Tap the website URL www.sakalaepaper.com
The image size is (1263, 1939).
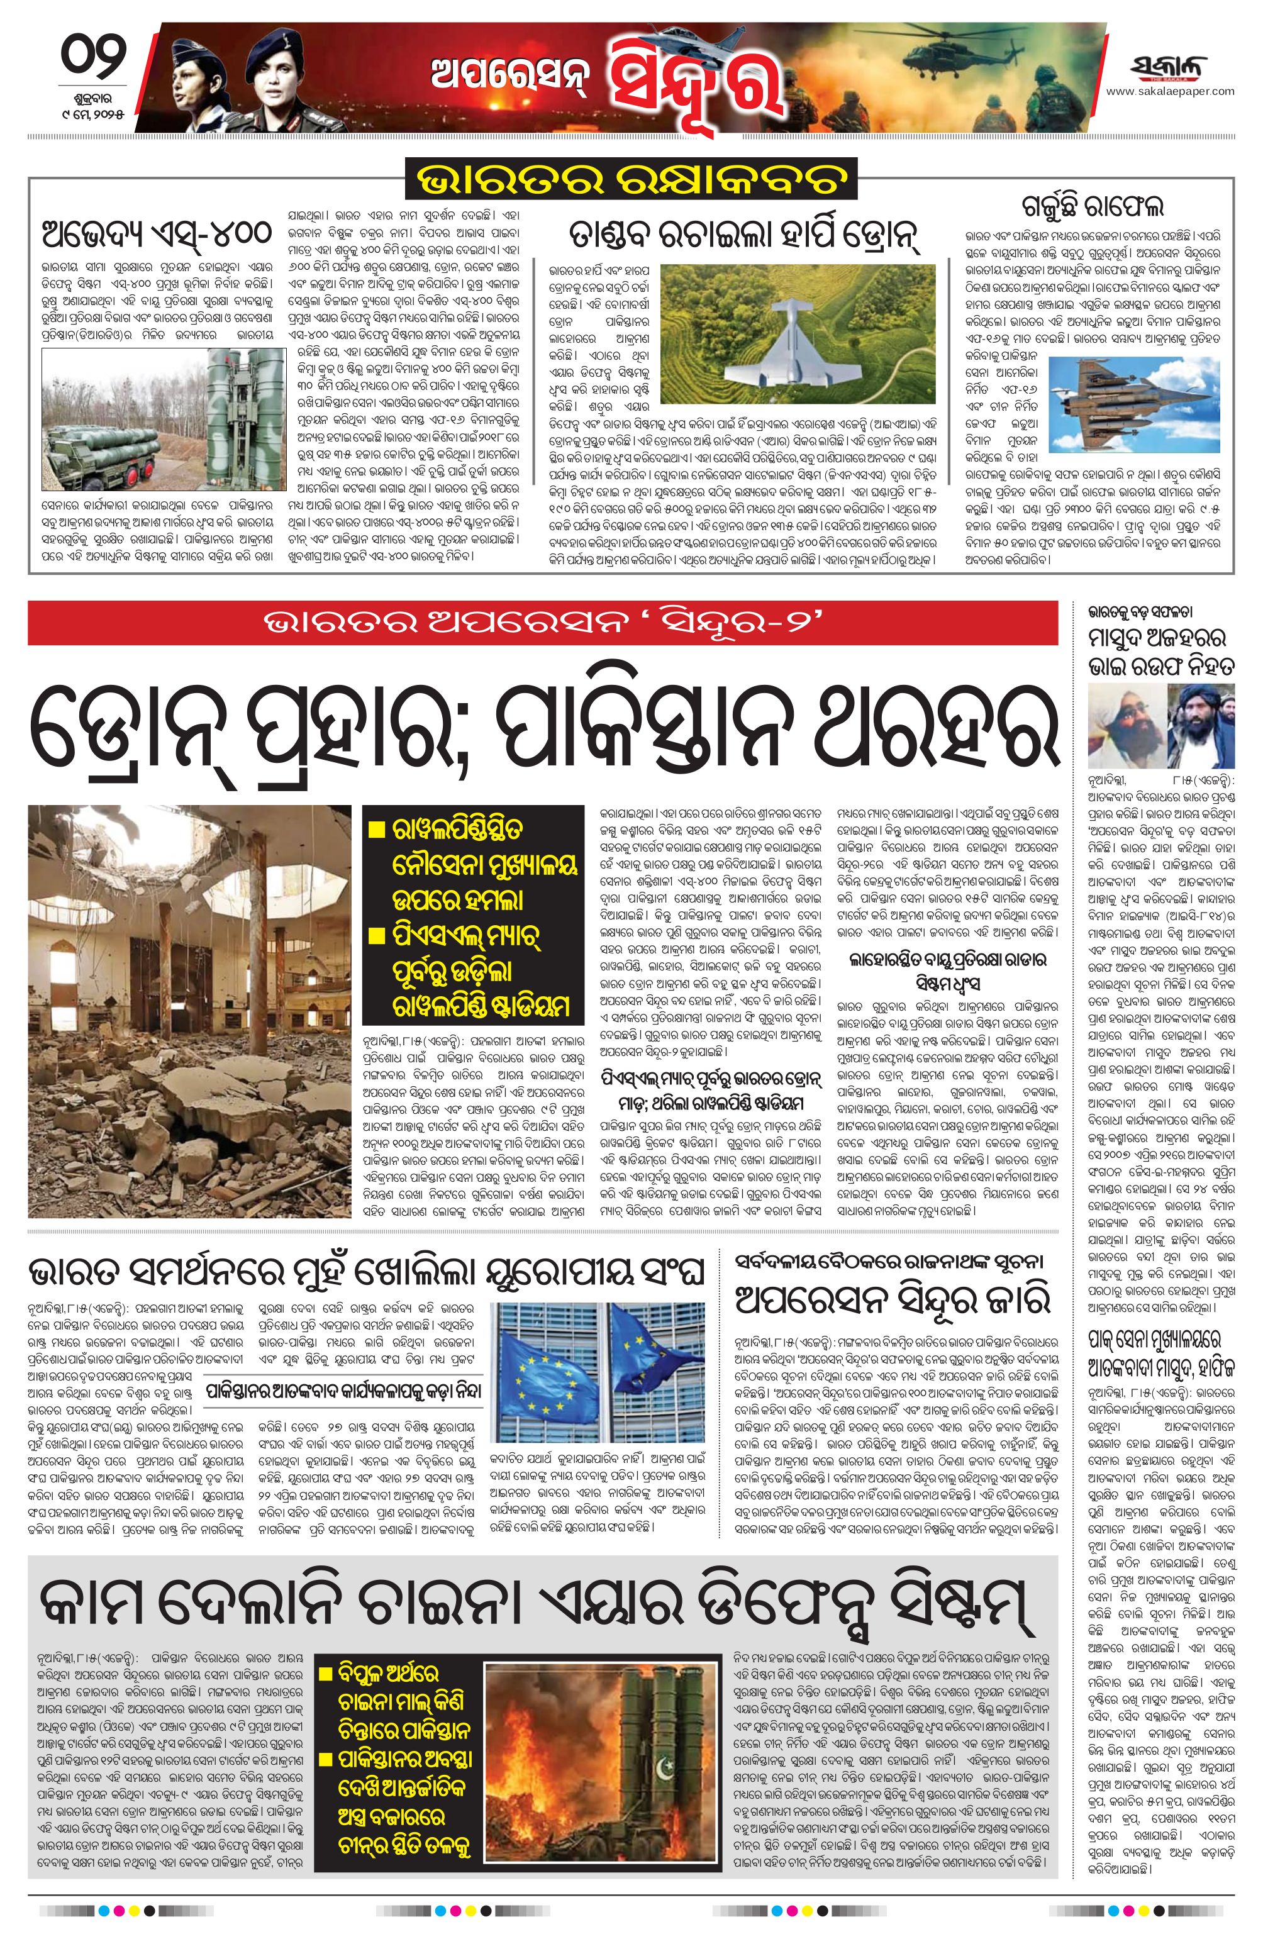tap(1170, 91)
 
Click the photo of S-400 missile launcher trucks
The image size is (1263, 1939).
tap(163, 419)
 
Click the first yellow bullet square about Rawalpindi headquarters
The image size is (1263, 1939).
tap(377, 830)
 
